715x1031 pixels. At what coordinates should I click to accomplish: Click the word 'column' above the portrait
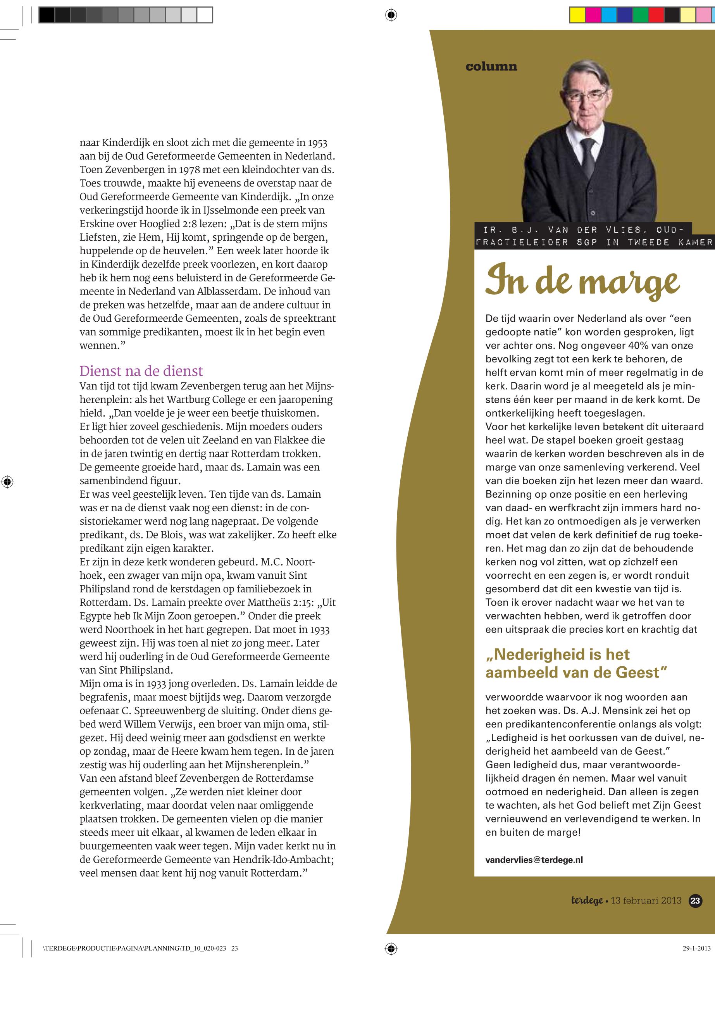coord(491,67)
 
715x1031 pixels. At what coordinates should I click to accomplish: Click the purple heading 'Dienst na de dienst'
coord(141,371)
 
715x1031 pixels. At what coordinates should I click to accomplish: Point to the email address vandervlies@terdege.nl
coord(534,859)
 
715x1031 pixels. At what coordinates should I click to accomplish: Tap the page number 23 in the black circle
coord(695,901)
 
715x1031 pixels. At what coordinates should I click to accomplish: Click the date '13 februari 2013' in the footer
coord(646,901)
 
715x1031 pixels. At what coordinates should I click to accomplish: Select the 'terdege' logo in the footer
coord(586,901)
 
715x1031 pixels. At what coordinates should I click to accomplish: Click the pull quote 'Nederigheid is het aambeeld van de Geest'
coord(576,663)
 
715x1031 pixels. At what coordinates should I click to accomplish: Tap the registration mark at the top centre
coord(391,15)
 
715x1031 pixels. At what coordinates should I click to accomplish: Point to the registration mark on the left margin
coord(7,482)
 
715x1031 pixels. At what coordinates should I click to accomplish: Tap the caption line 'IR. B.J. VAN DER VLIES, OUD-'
coord(583,230)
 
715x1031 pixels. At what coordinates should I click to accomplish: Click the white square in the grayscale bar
coord(205,15)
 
